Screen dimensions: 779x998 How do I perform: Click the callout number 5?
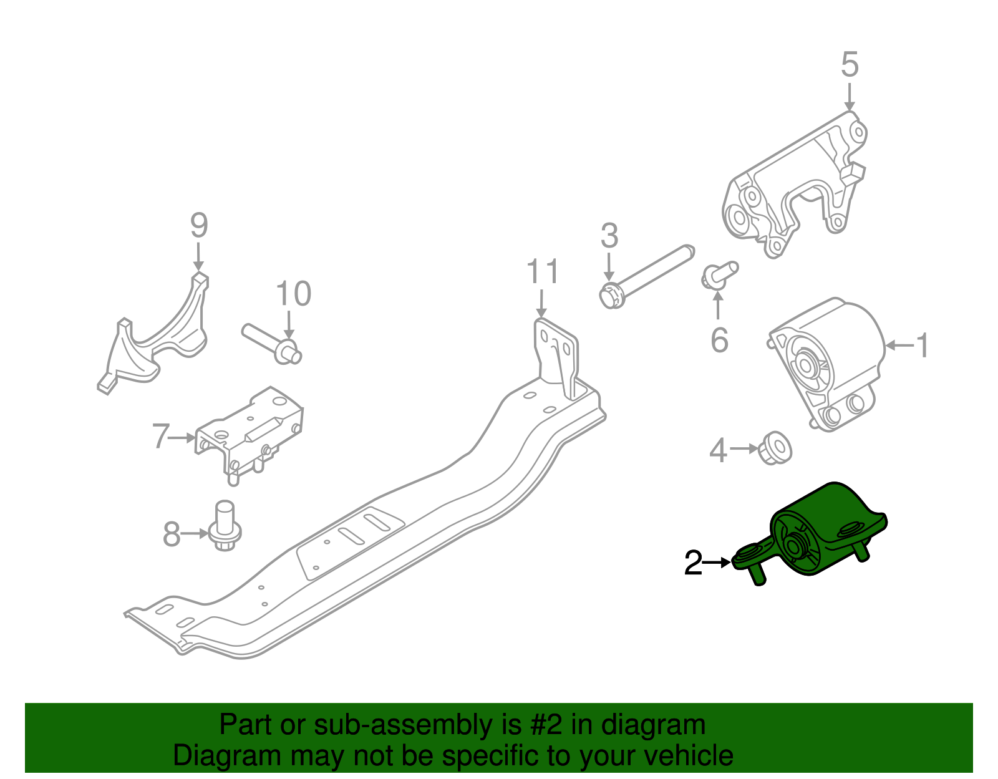click(x=850, y=65)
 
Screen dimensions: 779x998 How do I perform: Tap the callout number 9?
click(x=198, y=226)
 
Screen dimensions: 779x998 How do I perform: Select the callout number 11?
click(x=542, y=273)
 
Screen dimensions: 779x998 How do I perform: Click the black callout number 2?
click(x=693, y=563)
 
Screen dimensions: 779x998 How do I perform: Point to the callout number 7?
click(x=160, y=437)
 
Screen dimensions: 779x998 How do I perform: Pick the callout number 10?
click(x=293, y=294)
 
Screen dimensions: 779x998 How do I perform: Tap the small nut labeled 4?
click(x=775, y=447)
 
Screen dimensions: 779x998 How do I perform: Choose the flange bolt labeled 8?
click(x=225, y=528)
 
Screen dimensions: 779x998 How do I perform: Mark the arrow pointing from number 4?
click(x=744, y=448)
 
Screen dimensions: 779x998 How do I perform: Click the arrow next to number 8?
click(x=195, y=533)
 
